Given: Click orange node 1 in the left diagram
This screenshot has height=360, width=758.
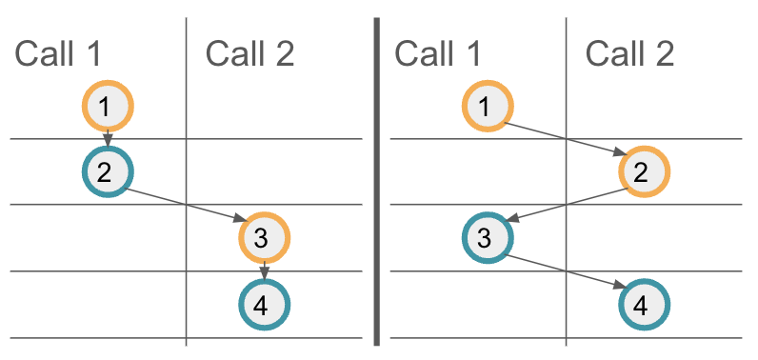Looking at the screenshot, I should (x=108, y=105).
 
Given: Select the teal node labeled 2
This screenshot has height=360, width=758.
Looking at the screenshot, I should (x=107, y=171).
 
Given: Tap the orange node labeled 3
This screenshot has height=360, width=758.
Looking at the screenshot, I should (x=264, y=237).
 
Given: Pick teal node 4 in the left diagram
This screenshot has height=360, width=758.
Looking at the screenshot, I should (x=264, y=305).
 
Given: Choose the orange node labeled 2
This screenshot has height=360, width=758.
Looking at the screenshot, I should (x=644, y=171).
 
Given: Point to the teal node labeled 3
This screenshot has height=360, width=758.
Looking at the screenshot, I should (x=487, y=237).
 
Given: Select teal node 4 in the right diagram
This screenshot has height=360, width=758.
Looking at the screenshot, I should (x=644, y=305).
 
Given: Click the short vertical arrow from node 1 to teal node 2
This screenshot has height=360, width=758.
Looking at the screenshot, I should (x=108, y=139).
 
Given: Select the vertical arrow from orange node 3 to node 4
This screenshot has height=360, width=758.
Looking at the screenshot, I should (x=264, y=271).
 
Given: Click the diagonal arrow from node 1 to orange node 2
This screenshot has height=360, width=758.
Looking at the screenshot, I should (x=566, y=139).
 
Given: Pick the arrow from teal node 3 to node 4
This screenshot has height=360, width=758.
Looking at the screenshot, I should (x=566, y=271).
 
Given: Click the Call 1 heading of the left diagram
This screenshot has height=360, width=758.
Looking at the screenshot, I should (x=57, y=54).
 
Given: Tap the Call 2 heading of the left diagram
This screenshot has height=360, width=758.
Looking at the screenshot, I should (x=249, y=54).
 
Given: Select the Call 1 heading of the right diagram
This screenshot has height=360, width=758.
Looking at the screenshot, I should (x=437, y=54).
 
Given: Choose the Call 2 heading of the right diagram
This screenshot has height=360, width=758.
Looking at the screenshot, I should (x=629, y=54).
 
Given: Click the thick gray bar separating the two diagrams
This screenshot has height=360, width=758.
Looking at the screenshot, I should (x=377, y=181).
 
